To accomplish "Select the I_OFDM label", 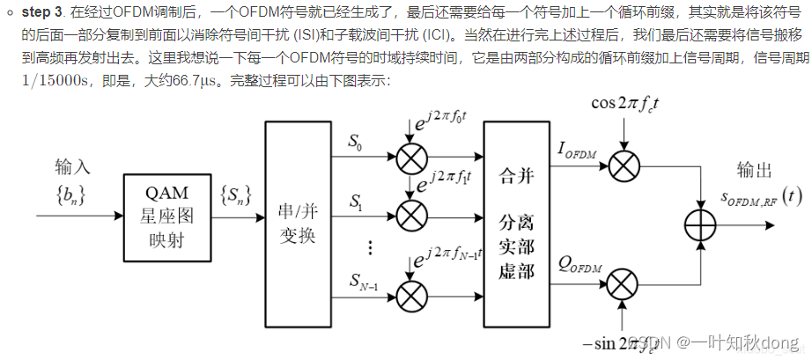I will (x=576, y=152).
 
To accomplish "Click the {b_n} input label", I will (x=71, y=191).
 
